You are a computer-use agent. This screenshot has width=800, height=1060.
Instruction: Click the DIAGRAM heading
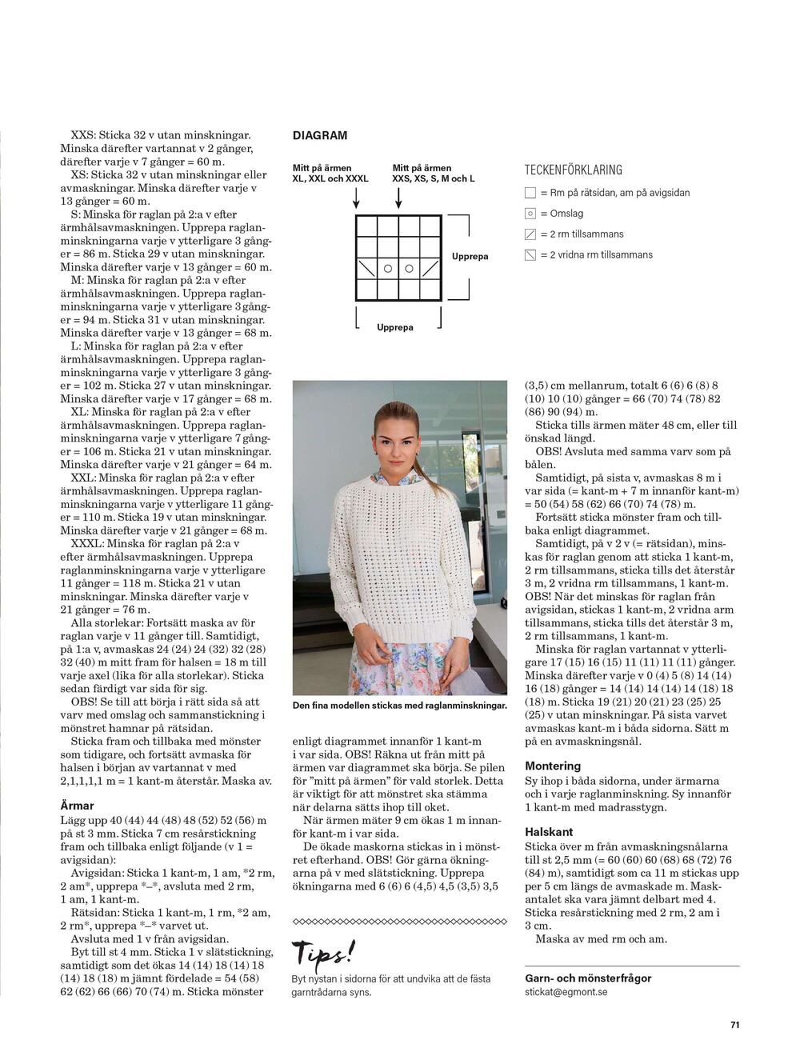click(x=320, y=136)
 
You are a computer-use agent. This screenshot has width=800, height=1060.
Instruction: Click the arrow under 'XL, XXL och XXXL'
click(x=356, y=199)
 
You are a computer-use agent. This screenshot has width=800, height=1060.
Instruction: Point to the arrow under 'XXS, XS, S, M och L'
click(x=398, y=199)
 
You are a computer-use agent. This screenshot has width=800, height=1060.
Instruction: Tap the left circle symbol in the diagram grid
click(x=388, y=268)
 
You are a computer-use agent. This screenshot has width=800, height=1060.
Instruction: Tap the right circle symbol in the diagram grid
click(x=409, y=268)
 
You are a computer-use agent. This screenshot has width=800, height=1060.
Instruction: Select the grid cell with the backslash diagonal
click(x=366, y=268)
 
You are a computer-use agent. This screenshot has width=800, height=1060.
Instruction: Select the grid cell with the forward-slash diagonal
click(x=430, y=268)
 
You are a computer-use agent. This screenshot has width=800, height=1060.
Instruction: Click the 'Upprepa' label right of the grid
click(x=470, y=257)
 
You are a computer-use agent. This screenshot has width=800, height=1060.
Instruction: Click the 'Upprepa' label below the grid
click(x=395, y=328)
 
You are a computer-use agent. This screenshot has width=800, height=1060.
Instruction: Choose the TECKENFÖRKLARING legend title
click(x=573, y=170)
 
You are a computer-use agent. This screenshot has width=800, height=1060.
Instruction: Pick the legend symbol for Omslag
click(x=530, y=214)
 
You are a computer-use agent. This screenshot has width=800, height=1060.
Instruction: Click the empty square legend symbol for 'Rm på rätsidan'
click(x=530, y=193)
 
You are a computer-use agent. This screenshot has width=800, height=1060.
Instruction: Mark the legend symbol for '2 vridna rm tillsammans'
click(x=530, y=255)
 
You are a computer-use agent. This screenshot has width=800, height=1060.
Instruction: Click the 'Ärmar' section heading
click(x=78, y=806)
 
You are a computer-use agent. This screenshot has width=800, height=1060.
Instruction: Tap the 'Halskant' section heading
click(x=549, y=832)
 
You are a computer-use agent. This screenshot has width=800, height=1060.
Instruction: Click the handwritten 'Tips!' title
click(x=324, y=953)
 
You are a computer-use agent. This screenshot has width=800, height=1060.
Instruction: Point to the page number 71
click(x=734, y=1023)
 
